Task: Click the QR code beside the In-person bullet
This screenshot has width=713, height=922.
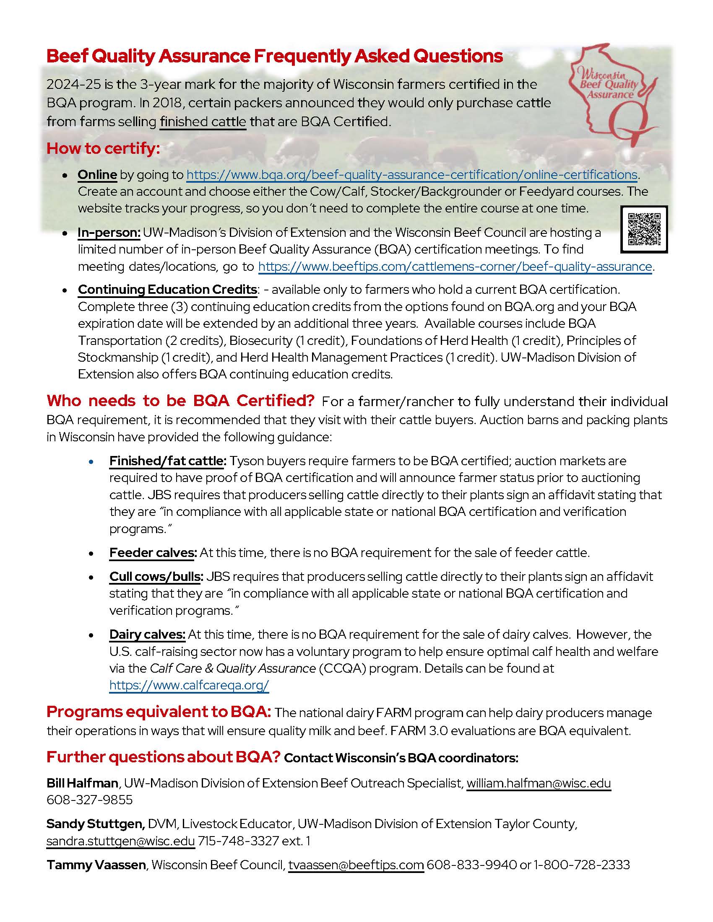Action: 644,229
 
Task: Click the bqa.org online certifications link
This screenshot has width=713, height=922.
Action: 411,175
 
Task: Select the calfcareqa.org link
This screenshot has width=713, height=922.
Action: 189,685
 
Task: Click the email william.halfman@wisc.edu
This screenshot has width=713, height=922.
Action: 539,783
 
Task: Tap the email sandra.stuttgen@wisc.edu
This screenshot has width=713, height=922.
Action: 121,841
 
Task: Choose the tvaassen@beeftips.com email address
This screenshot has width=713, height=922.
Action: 356,865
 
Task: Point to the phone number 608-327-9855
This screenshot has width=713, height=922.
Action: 90,800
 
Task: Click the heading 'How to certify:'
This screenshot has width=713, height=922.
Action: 104,149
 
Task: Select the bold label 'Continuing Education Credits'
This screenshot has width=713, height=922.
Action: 167,290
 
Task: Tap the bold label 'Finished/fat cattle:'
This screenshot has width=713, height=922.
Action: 168,461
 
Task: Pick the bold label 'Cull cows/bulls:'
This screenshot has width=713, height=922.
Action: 156,577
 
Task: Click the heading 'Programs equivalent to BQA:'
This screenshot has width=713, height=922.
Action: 159,712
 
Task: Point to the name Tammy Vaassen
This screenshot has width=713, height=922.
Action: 96,865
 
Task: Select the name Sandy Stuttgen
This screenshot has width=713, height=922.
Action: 96,824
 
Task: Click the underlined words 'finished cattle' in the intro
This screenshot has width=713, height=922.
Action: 203,122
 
